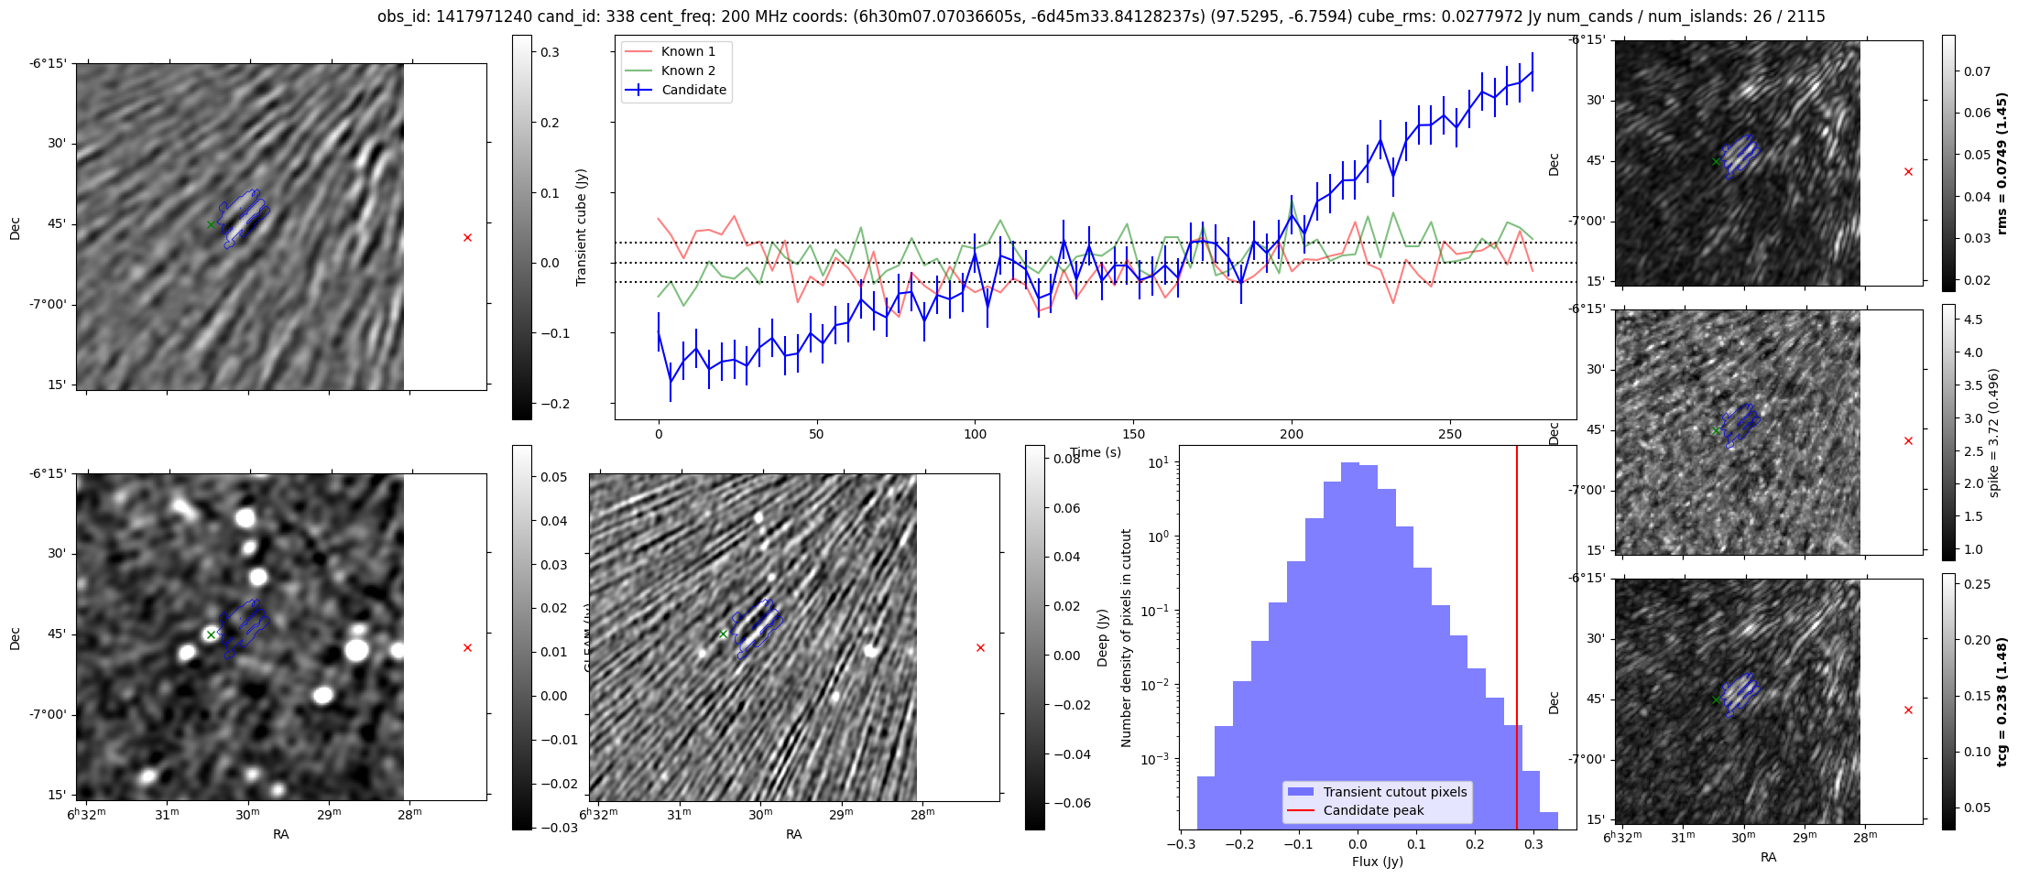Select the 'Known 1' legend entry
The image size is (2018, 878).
click(x=688, y=51)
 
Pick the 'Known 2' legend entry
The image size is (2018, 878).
click(x=688, y=70)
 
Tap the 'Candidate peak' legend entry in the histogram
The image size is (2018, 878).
click(x=1373, y=810)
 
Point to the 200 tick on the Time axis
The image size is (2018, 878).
click(x=1292, y=434)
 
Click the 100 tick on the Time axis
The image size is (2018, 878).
click(x=975, y=434)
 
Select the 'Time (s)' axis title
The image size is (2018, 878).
click(x=1096, y=452)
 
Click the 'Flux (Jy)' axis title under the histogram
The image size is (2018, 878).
click(x=1377, y=862)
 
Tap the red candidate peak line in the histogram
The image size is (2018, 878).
click(x=1517, y=641)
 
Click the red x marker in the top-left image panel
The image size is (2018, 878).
click(x=467, y=238)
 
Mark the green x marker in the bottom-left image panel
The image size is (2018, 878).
click(x=211, y=634)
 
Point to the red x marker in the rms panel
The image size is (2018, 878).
click(x=1908, y=172)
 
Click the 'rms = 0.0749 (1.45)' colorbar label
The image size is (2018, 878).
click(x=2002, y=163)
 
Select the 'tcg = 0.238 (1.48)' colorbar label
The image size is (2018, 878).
click(x=2002, y=701)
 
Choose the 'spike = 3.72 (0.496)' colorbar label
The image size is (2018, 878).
click(x=1993, y=432)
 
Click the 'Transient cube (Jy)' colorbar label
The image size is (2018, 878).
click(x=581, y=227)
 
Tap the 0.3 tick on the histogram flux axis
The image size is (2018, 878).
click(x=1533, y=844)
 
